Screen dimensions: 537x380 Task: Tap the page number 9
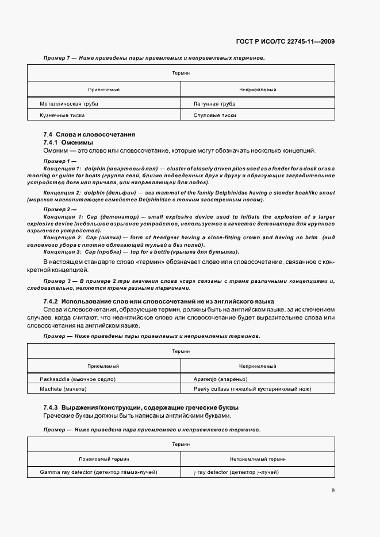point(333,490)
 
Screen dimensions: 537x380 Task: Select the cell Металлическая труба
point(68,104)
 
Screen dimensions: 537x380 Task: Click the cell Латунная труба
point(215,104)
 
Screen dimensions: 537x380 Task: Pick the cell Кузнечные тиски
point(62,115)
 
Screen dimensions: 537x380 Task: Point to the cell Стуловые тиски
point(216,115)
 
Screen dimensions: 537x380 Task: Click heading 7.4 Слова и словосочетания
point(89,134)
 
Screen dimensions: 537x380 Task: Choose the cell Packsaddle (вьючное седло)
point(78,379)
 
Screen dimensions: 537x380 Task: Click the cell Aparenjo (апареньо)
point(221,379)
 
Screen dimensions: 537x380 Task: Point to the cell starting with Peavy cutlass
point(253,389)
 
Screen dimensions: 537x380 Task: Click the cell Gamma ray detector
point(99,472)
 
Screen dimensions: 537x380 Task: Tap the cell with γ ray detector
point(237,472)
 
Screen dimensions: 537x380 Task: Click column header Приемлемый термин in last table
point(103,459)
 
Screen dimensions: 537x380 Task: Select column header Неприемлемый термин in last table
point(258,459)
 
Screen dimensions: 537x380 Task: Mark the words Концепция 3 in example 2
point(63,252)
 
